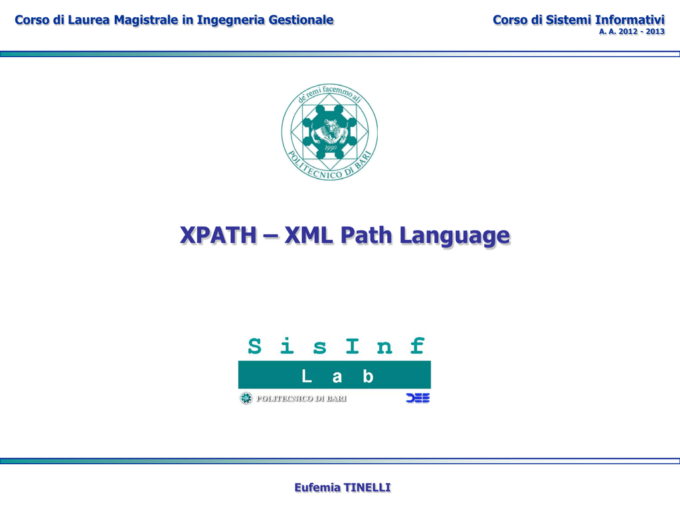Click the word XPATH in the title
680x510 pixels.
(218, 235)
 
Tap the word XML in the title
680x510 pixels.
(309, 235)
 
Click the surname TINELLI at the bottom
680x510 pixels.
(367, 487)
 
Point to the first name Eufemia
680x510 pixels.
(317, 487)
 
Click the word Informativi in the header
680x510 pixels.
(630, 20)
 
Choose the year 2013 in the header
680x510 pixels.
(655, 31)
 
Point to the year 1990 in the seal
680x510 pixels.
(331, 148)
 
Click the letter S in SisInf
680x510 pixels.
(254, 346)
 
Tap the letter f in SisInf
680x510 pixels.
(417, 345)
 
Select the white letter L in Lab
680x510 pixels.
(307, 376)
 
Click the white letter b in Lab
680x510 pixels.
(368, 376)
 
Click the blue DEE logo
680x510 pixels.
(418, 398)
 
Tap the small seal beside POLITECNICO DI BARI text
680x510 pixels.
(246, 398)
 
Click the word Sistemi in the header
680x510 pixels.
(568, 20)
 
